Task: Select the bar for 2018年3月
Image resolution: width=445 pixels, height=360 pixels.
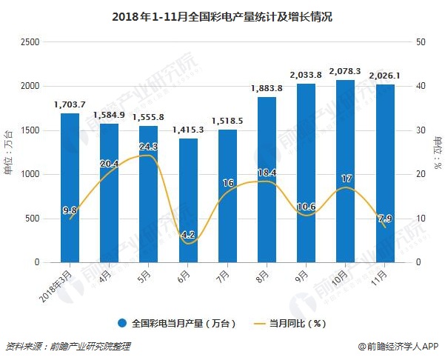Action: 70,188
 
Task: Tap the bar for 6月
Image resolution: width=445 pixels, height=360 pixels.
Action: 188,201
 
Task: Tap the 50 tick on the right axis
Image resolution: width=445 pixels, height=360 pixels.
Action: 421,42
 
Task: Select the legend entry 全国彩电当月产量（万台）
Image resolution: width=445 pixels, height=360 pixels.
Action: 177,323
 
